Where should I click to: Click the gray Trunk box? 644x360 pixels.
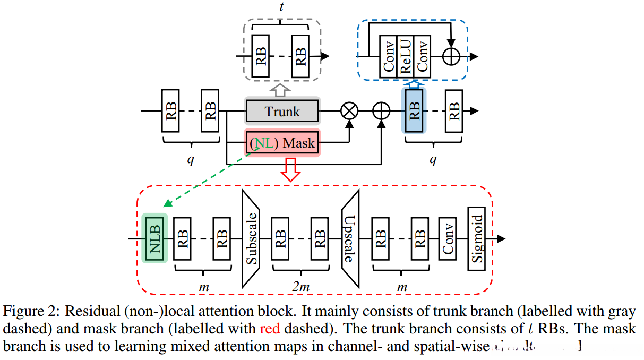pos(282,112)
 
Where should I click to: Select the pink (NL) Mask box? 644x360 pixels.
pos(282,143)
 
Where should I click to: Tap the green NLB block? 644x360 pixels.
pos(155,238)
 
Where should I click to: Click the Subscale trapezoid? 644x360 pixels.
pos(252,238)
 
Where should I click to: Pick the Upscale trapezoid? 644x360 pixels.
pos(350,238)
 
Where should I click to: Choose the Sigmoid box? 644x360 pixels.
pos(476,238)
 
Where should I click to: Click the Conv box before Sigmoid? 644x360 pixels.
pos(447,238)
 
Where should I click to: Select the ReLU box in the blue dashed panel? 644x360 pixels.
pos(406,56)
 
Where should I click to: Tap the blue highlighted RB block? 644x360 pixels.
pos(415,111)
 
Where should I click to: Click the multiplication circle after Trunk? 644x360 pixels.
pos(349,112)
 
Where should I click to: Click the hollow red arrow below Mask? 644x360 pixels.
pos(290,168)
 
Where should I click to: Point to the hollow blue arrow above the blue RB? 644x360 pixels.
pos(414,83)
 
